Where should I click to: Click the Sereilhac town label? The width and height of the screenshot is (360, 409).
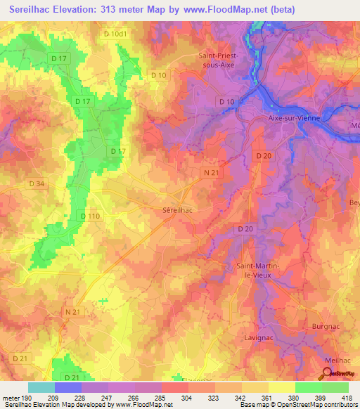(172, 209)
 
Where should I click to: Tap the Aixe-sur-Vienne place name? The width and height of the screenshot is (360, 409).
(295, 118)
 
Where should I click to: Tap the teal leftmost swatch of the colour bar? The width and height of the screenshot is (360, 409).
(41, 388)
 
